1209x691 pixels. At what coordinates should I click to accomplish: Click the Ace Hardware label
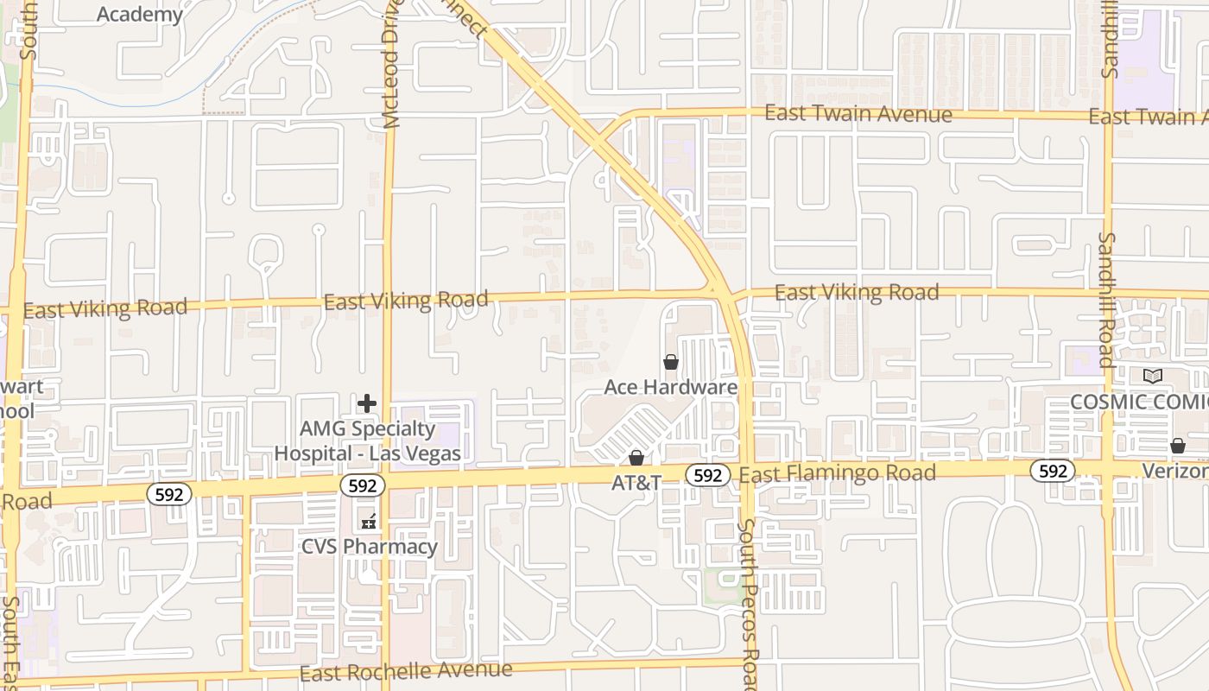[670, 387]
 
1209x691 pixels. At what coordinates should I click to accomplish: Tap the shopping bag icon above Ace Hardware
[671, 362]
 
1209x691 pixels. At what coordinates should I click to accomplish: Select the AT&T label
[636, 483]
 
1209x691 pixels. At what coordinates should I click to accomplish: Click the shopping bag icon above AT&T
[636, 457]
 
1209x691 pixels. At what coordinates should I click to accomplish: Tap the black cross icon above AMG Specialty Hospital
[367, 403]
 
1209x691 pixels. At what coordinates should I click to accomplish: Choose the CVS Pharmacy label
[369, 547]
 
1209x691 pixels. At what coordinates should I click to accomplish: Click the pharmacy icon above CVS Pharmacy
[369, 521]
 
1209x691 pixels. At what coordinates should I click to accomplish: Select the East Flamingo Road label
[837, 473]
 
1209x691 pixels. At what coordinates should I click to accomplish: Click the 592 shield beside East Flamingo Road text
[707, 475]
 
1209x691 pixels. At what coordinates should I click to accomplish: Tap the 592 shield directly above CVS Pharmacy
[362, 485]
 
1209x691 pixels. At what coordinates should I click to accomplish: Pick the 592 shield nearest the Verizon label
[1053, 471]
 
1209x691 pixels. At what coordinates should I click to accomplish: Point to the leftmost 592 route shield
[168, 494]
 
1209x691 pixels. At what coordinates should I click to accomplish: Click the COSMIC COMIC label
[1138, 402]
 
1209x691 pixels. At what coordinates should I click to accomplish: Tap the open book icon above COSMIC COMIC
[1153, 377]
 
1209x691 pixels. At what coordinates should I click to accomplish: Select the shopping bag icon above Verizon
[1177, 446]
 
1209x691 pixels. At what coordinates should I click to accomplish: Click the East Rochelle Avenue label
[406, 671]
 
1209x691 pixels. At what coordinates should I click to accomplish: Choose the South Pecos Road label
[749, 605]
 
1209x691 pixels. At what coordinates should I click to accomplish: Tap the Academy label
[140, 14]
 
